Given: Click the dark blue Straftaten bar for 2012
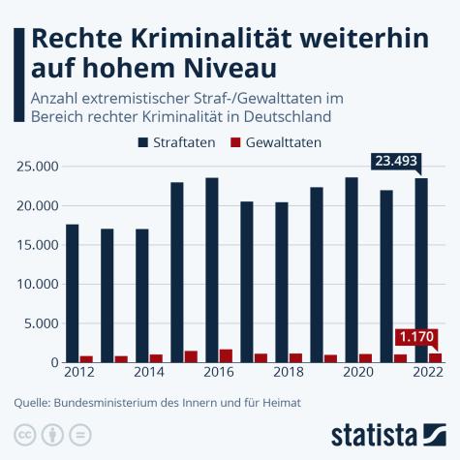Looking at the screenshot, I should point(72,293).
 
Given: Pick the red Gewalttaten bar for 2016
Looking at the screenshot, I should point(226,355).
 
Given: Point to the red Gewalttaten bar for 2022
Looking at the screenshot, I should point(435,357).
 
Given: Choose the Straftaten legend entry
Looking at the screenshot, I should point(180,141).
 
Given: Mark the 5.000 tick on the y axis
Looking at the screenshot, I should point(39,323).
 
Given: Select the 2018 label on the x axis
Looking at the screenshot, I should point(290,372).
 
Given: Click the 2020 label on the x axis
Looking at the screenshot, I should point(359,372).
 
